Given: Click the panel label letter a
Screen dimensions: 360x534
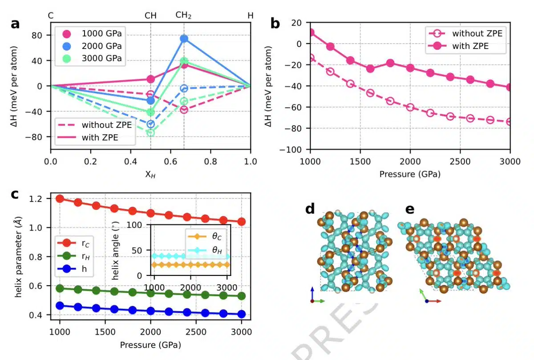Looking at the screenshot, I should (x=15, y=24).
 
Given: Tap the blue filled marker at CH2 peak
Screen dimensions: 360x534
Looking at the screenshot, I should (x=184, y=39).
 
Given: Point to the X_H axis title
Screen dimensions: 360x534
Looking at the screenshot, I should (x=150, y=175).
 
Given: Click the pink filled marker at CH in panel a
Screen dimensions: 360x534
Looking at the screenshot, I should (x=151, y=79).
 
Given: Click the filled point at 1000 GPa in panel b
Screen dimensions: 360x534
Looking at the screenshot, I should (x=311, y=32).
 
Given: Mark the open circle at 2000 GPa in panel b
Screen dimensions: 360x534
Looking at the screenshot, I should (x=410, y=107).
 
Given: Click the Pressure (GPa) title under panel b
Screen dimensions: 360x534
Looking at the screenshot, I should (x=410, y=174).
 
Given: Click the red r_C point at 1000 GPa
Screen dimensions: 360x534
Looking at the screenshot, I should (x=60, y=198).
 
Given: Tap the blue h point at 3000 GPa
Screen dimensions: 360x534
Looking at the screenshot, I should (x=241, y=314).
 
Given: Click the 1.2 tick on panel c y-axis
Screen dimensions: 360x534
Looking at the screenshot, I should (x=42, y=199).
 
